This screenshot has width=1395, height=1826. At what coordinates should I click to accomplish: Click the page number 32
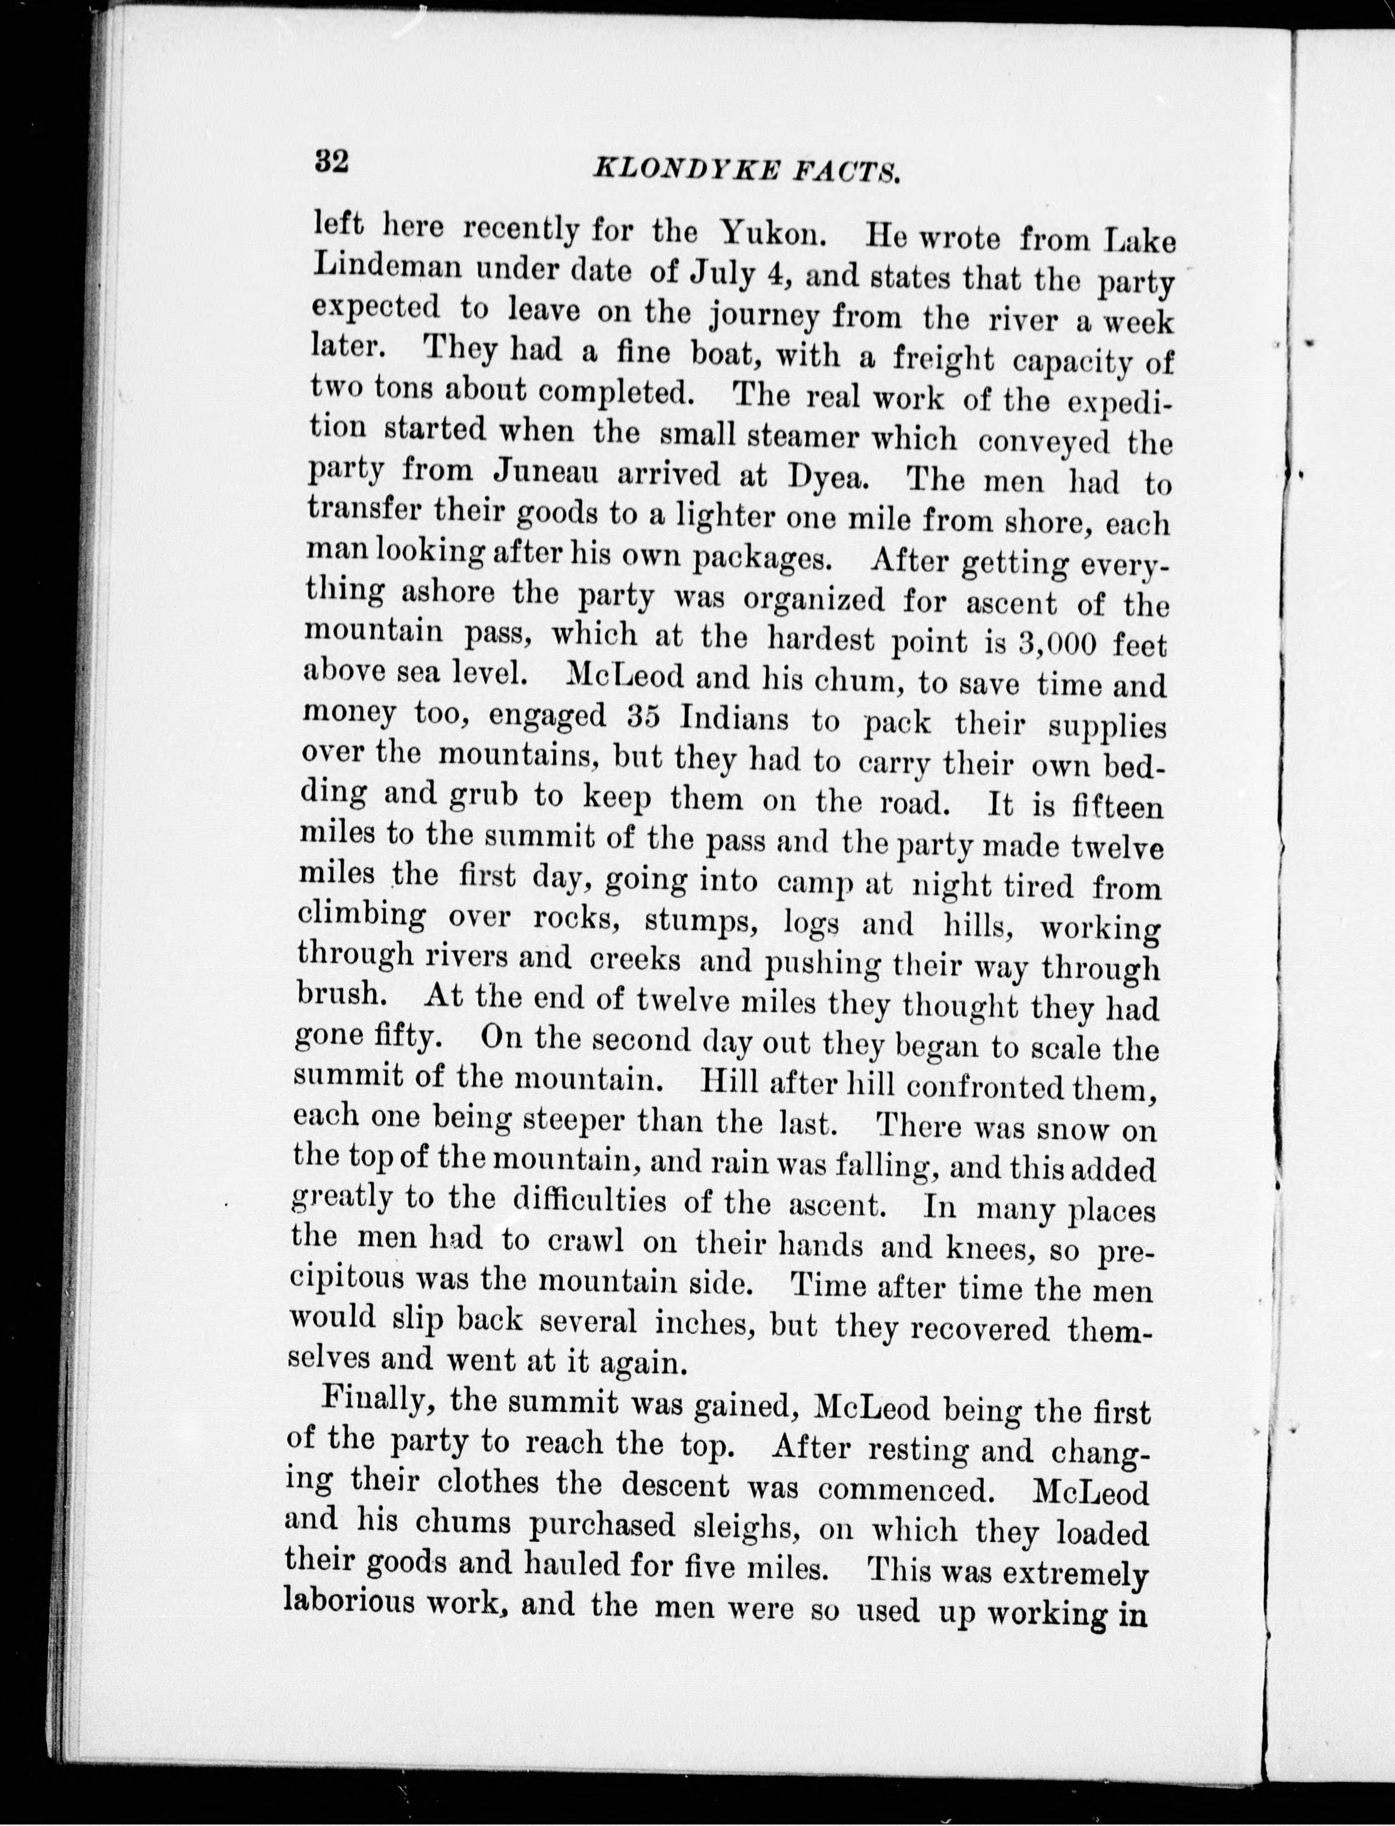click(x=331, y=160)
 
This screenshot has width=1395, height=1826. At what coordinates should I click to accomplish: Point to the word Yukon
click(x=771, y=233)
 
